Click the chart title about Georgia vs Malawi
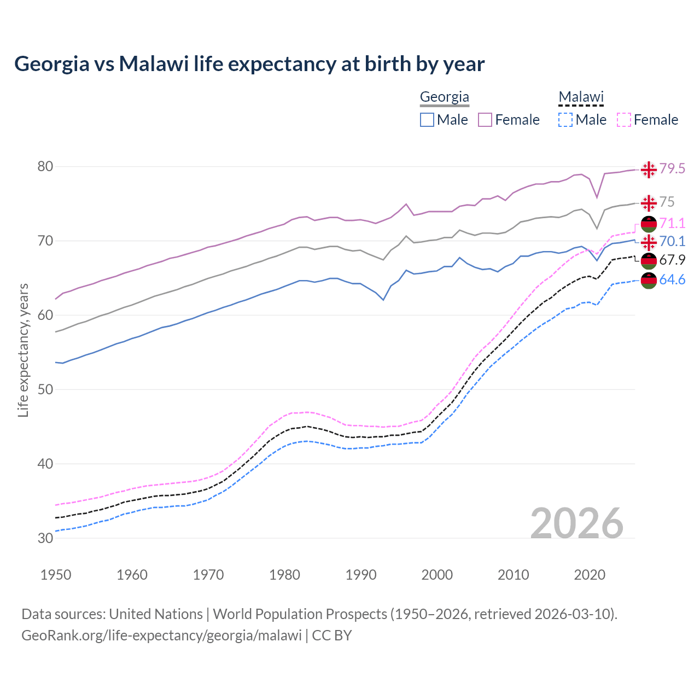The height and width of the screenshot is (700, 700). tap(249, 64)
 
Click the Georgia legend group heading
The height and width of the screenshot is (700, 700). tap(444, 97)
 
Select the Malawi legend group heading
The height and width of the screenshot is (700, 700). tap(581, 97)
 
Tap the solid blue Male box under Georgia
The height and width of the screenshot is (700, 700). tap(427, 120)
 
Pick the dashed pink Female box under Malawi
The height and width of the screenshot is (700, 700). tap(624, 120)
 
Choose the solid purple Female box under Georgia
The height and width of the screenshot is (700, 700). tap(485, 120)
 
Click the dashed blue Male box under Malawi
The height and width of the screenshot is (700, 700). tap(565, 120)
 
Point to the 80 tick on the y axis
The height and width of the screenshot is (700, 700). tap(45, 166)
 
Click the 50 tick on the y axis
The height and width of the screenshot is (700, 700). tap(45, 389)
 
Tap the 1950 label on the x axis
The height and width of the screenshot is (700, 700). tap(56, 575)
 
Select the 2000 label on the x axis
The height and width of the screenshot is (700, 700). tap(437, 575)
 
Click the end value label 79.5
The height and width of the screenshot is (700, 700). tap(672, 169)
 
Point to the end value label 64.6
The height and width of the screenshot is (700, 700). tap(672, 280)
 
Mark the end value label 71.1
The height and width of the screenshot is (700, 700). tap(672, 223)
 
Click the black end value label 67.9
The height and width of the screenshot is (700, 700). tap(672, 260)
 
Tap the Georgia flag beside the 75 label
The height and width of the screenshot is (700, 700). tap(649, 203)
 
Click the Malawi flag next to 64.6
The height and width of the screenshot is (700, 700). tap(649, 281)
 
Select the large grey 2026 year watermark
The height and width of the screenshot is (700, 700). tap(576, 523)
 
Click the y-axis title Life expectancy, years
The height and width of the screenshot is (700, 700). tap(23, 350)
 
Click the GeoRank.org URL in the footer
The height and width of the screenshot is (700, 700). tap(161, 635)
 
